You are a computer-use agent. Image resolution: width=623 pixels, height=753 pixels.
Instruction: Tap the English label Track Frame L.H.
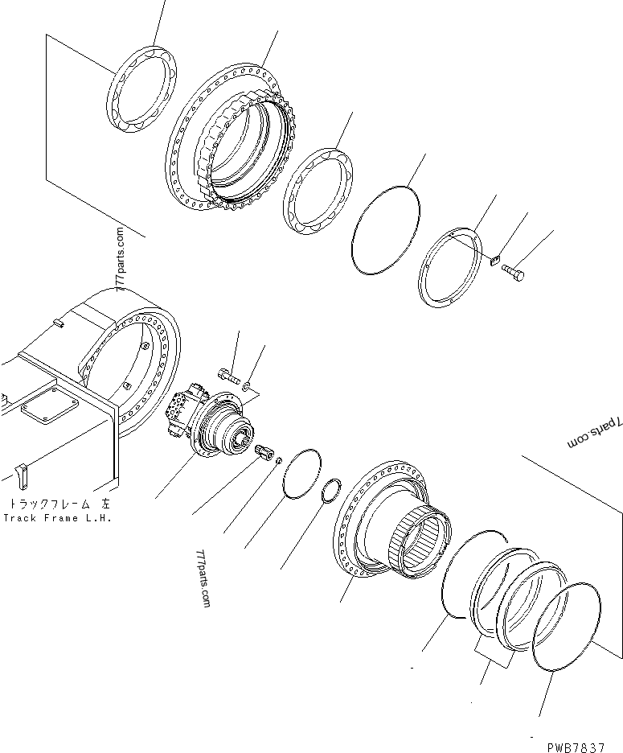tap(57, 517)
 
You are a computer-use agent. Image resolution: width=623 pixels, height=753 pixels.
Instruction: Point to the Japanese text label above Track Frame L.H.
tap(58, 504)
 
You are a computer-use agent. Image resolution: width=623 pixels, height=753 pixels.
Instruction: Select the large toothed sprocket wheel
tap(228, 137)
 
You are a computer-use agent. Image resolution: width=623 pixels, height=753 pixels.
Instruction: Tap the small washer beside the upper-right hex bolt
tap(495, 258)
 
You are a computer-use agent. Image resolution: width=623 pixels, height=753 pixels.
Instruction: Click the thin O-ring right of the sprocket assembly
tap(387, 228)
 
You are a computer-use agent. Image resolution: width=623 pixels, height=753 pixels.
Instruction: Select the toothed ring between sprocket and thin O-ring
tap(318, 194)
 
